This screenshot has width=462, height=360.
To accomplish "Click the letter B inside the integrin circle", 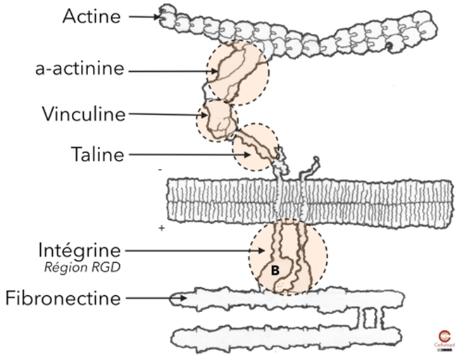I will click(x=275, y=270).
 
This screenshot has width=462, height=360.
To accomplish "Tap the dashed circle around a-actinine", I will click(x=237, y=73).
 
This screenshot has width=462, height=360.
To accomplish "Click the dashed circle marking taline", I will click(x=256, y=148).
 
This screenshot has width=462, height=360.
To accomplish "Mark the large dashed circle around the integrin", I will click(x=287, y=259).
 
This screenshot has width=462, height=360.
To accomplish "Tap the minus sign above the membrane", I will click(x=161, y=170).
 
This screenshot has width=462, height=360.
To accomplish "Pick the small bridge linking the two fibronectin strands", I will click(x=369, y=318).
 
